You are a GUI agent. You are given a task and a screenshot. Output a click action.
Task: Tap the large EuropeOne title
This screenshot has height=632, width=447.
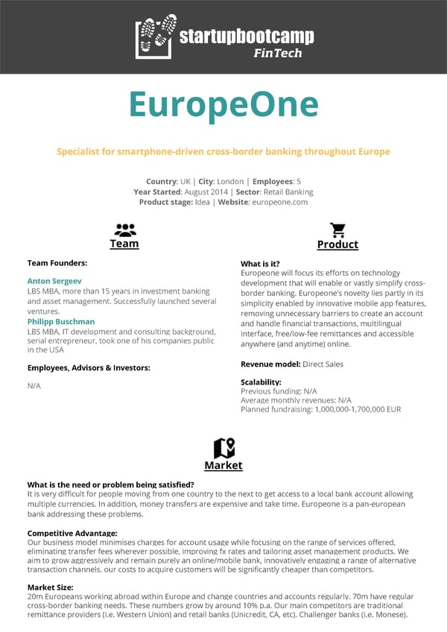pos(223,104)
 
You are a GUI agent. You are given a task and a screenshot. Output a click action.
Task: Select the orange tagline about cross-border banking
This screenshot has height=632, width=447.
pos(223,151)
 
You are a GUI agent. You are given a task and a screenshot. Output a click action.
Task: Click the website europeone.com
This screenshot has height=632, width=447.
pos(279,202)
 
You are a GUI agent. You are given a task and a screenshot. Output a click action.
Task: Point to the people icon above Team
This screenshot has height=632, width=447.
pos(124,230)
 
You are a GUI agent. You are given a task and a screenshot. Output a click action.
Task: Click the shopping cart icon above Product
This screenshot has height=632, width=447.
pos(337,230)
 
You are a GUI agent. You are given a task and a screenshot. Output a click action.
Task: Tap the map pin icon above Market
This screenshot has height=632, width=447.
pos(223,448)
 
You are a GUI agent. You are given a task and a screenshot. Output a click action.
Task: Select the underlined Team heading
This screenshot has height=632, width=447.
pos(124,244)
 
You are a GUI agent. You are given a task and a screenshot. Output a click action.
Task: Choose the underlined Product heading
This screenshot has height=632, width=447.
pos(337,244)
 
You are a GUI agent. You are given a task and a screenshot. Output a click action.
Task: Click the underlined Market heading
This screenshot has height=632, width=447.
pos(223,465)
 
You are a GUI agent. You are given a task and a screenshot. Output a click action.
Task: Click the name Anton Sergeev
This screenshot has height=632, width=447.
pos(54,281)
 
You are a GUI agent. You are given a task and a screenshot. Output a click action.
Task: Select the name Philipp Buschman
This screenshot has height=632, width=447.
pos(61,322)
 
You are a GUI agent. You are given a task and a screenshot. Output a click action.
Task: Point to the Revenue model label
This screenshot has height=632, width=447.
pos(270,364)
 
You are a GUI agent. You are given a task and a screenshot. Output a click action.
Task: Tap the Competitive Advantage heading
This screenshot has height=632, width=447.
pos(72,533)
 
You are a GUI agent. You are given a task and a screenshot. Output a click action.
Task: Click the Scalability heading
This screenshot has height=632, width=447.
pos(261,382)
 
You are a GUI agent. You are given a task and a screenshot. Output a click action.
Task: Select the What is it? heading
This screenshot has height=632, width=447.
pos(260,264)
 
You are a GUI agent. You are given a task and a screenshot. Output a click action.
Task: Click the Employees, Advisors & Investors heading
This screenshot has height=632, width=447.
pos(89,367)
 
